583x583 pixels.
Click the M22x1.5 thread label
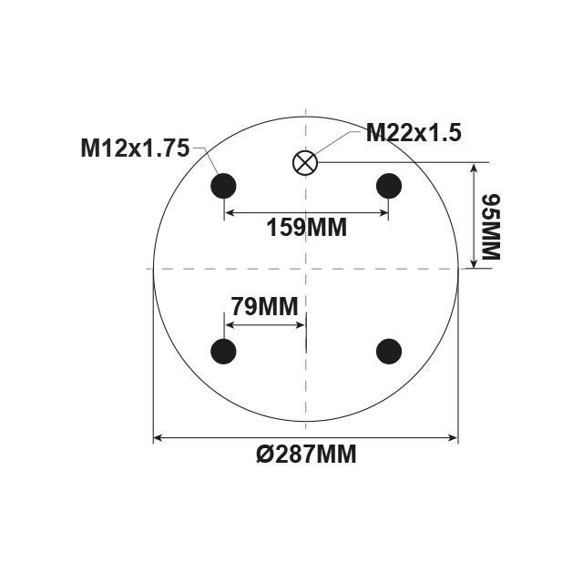click(x=413, y=133)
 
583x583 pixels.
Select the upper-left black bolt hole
click(x=223, y=186)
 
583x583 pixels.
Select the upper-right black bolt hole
click(x=389, y=186)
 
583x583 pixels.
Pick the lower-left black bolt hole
click(x=223, y=350)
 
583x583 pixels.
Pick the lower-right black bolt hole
click(x=389, y=350)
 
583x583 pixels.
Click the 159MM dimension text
click(x=306, y=228)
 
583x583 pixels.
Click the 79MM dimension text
click(x=264, y=307)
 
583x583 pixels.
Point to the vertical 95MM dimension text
click(x=491, y=226)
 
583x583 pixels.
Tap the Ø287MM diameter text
click(x=306, y=455)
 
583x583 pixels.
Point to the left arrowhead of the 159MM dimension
click(x=230, y=213)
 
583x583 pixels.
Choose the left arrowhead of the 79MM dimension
click(x=230, y=325)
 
